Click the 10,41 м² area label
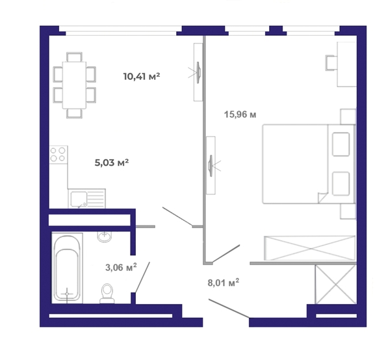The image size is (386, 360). pos(142,76)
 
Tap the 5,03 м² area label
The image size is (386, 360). pos(112,162)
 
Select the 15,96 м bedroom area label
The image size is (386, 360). pos(240,114)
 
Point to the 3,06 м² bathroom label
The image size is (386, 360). pos(121,267)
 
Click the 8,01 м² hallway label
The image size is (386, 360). pos(224,283)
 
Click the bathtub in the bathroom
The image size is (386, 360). pos(67,268)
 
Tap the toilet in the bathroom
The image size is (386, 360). pos(107,293)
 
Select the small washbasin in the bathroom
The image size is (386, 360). pos(105,237)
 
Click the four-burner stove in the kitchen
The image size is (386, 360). pos(58,155)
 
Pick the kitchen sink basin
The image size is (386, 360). pos(79,199)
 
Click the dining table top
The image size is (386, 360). pos(74,85)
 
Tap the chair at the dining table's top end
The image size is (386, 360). pos(74,57)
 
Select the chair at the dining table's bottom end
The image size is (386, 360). pos(74,113)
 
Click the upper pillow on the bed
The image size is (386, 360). pos(341,144)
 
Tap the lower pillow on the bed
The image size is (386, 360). pos(341,183)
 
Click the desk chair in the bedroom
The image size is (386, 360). pos(331,63)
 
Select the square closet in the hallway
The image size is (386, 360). pos(336,285)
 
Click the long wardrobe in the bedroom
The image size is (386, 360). pos(310,248)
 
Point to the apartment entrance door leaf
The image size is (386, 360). pos(229,308)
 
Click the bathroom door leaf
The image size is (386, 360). pos(142,277)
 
